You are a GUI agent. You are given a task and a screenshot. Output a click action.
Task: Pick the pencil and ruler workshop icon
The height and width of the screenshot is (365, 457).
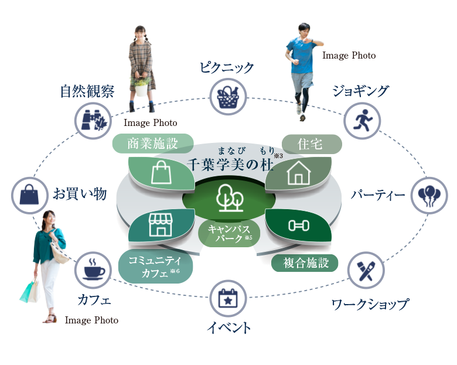click(366, 272)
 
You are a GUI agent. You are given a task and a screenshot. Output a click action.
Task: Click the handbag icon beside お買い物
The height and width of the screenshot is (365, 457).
click(29, 195)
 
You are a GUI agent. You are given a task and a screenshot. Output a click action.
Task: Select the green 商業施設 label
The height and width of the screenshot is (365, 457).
click(152, 143)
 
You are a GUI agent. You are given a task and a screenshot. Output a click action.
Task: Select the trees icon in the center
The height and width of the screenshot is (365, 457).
click(229, 198)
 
